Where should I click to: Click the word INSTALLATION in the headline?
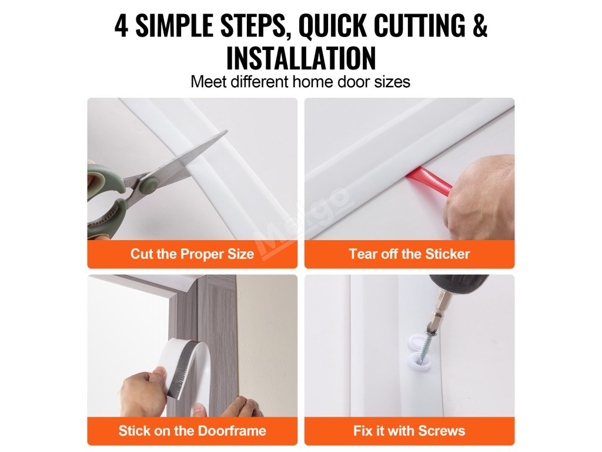click(x=301, y=58)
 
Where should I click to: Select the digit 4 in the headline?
click(x=121, y=25)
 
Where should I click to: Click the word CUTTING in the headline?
click(x=419, y=25)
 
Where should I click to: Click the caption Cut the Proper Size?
click(x=192, y=254)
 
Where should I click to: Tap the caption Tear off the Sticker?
click(x=409, y=254)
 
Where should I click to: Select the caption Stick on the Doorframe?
click(x=192, y=430)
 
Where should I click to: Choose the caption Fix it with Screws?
click(x=409, y=430)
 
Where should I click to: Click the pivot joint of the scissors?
click(x=148, y=184)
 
